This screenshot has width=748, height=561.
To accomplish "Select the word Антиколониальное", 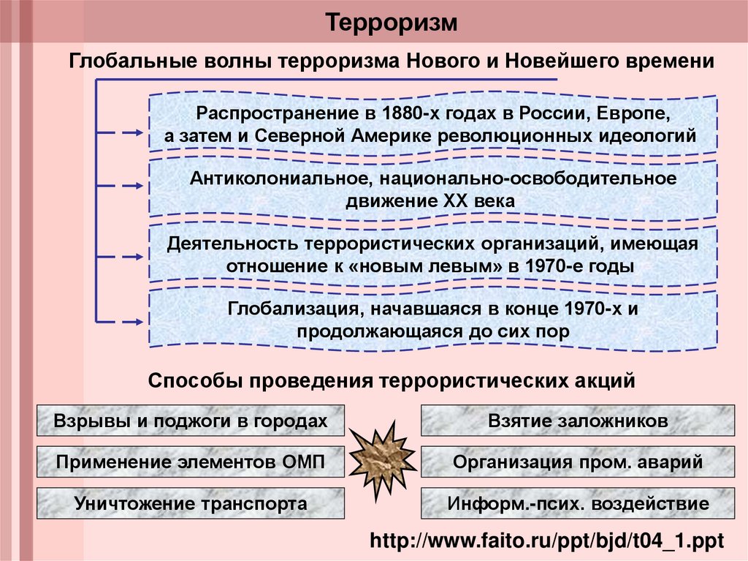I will pyautogui.click(x=283, y=178).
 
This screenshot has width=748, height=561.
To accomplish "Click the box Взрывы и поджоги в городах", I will pyautogui.click(x=190, y=421).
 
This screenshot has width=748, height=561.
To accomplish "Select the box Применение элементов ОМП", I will pyautogui.click(x=190, y=462).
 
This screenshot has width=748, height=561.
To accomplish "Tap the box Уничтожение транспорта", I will pyautogui.click(x=190, y=504).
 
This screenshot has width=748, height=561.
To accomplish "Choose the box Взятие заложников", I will pyautogui.click(x=577, y=421).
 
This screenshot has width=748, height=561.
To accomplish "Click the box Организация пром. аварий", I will pyautogui.click(x=577, y=462).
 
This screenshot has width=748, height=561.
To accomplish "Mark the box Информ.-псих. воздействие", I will pyautogui.click(x=577, y=504).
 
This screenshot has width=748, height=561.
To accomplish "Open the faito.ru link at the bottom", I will pyautogui.click(x=546, y=542).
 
